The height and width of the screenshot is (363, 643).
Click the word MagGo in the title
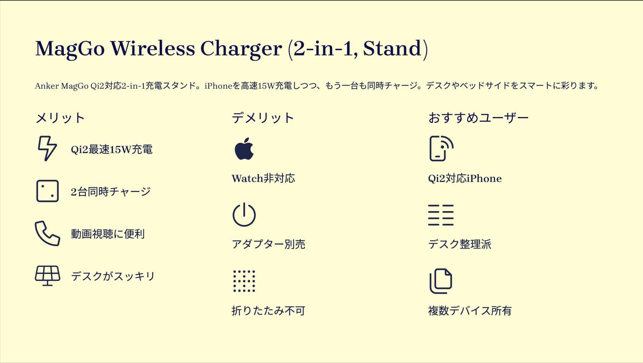pos(70,49)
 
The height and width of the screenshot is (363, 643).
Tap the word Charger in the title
pos(241,49)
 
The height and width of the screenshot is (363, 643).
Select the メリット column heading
pos(60,118)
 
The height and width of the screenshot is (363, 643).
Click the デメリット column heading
pos(263,118)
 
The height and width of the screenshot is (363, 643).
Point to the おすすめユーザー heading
pos(478,118)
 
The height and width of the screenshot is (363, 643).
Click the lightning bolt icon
pos(47,148)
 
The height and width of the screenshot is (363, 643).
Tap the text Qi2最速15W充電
pos(112,149)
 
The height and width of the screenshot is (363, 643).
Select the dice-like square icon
pos(47,191)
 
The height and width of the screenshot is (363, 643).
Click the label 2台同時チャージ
pos(111,192)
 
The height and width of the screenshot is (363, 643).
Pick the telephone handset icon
pos(47,234)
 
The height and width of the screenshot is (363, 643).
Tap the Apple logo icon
pos(244,149)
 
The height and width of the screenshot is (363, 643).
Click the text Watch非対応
pos(263,178)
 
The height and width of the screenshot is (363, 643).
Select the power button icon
pos(244,215)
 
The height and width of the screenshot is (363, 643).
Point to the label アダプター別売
pos(268,244)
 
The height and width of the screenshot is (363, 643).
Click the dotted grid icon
pos(244,281)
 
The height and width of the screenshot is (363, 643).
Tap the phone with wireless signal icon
pos(441,149)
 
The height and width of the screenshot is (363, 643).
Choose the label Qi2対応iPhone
pos(465,178)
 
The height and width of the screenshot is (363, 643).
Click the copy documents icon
pos(441,281)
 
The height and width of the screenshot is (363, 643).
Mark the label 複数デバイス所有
pos(470,311)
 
